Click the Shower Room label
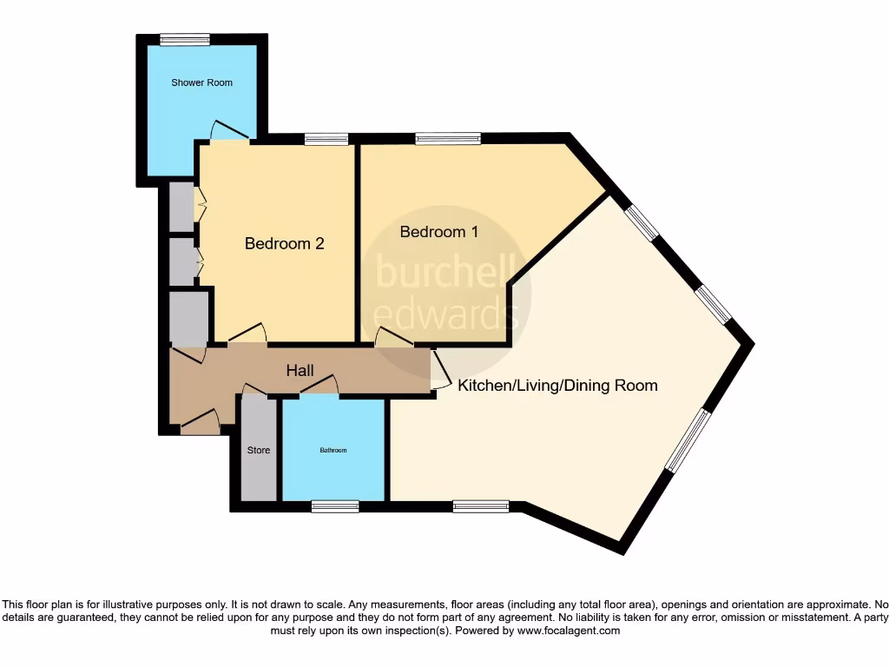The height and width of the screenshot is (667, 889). tap(201, 83)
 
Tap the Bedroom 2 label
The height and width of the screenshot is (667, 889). tap(284, 243)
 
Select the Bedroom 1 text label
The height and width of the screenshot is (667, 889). tap(438, 232)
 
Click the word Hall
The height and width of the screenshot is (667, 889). tap(300, 371)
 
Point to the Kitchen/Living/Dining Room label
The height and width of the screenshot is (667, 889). tap(557, 385)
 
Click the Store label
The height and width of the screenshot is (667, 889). tap(259, 450)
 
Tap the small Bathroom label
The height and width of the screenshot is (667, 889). tap(333, 450)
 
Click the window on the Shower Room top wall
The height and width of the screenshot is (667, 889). tap(184, 38)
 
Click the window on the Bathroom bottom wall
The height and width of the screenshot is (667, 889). tap(335, 506)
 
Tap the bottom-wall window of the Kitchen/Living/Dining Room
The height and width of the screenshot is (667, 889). tap(480, 506)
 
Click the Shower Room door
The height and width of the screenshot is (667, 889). tap(230, 130)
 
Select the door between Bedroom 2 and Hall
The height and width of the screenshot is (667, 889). tap(247, 335)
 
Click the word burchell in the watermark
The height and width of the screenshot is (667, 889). tap(446, 271)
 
